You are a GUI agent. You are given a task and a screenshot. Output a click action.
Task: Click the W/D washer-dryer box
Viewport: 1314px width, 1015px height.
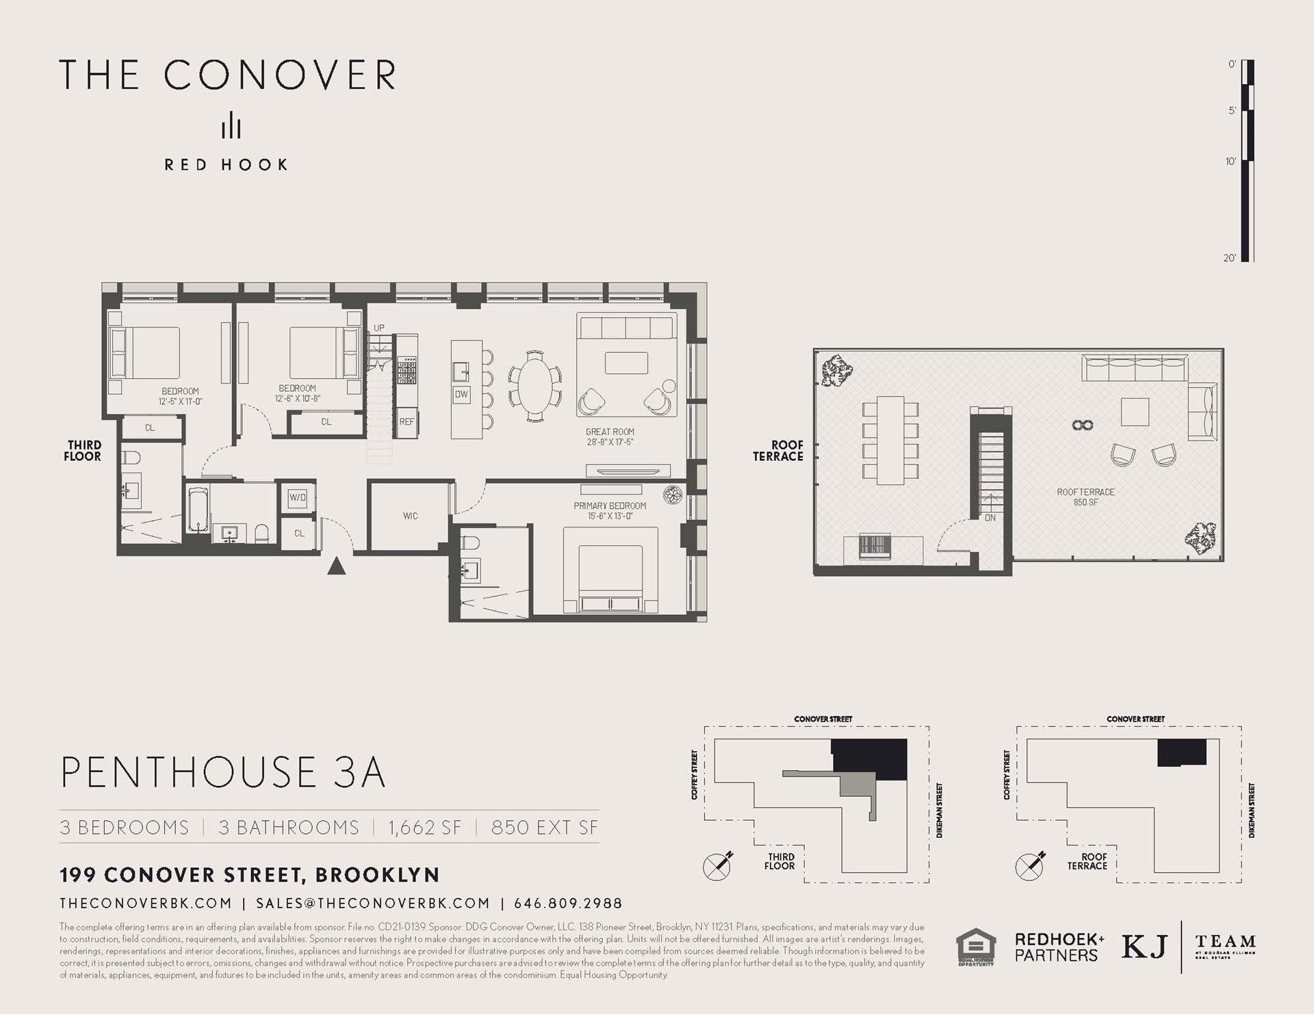(x=298, y=497)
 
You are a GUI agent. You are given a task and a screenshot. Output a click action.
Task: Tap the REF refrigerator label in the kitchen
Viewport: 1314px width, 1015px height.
(x=407, y=422)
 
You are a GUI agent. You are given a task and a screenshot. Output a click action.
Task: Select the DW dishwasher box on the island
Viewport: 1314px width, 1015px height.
(x=461, y=395)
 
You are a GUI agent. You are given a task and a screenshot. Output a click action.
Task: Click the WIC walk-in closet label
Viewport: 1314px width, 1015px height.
(x=410, y=516)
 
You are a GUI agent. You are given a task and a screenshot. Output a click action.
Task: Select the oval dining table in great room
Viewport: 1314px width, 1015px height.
(x=534, y=387)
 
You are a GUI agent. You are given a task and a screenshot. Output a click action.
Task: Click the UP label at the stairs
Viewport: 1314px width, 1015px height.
(x=379, y=328)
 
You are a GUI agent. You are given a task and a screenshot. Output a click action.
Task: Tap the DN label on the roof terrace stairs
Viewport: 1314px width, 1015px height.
(x=990, y=518)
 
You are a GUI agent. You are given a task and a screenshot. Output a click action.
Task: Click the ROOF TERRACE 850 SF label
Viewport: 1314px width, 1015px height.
(x=1085, y=497)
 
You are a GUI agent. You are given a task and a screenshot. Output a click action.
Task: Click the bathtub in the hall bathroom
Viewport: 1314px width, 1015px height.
(x=196, y=510)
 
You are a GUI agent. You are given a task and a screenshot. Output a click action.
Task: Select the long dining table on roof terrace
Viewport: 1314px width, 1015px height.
(x=890, y=440)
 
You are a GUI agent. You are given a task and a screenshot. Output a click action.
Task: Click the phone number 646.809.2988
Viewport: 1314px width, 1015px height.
(x=568, y=904)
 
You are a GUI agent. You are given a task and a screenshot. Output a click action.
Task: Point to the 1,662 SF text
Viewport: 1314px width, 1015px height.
(x=424, y=828)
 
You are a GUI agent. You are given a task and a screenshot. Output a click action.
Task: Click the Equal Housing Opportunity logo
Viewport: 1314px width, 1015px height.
(x=975, y=947)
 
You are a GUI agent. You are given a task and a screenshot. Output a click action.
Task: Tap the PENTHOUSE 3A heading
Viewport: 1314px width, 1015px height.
(x=223, y=772)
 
